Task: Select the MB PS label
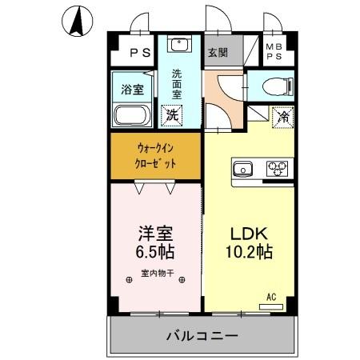click(274, 53)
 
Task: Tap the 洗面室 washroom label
click(178, 83)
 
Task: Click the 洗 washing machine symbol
click(172, 114)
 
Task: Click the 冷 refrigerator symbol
click(282, 115)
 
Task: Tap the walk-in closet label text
click(156, 155)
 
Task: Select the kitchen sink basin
click(244, 168)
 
